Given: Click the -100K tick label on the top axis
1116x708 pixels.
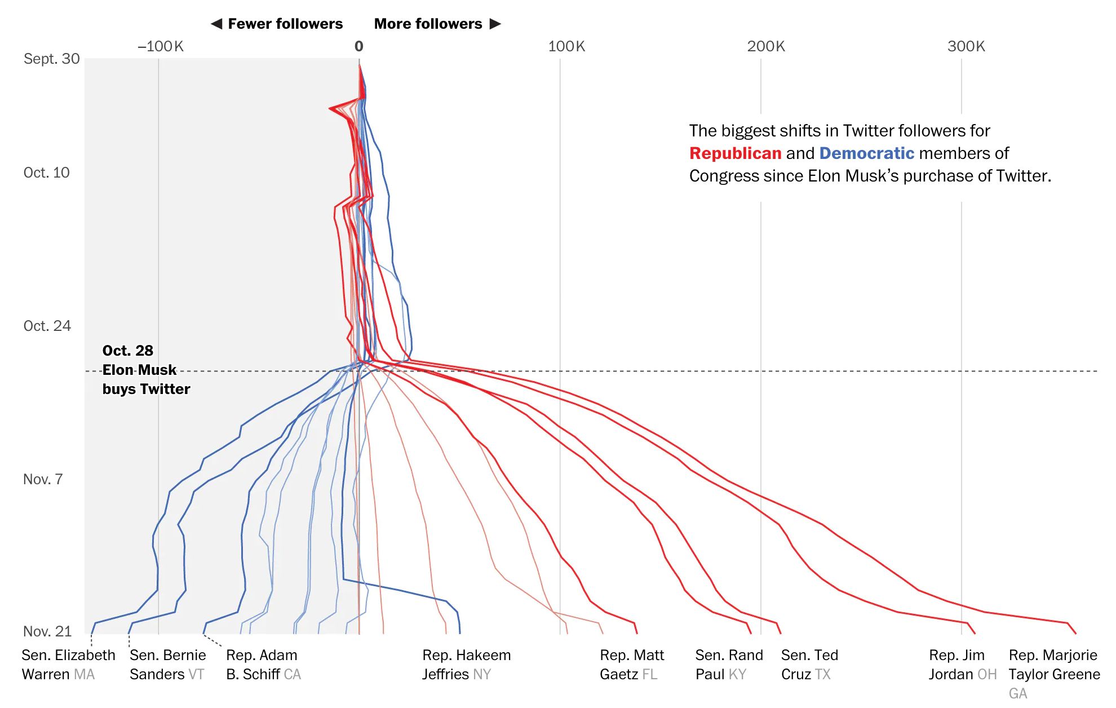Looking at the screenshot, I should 161,46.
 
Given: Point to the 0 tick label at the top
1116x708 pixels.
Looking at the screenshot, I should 359,46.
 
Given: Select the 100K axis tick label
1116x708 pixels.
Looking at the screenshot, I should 566,46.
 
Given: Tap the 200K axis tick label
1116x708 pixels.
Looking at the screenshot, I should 766,46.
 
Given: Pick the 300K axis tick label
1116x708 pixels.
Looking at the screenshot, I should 966,46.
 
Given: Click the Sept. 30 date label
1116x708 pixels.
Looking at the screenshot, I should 52,59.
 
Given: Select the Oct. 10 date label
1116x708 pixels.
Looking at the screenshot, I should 47,172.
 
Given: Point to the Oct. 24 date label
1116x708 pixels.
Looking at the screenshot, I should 47,326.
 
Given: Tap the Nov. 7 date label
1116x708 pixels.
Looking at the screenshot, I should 43,479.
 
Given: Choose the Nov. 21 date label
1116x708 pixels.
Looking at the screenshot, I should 47,631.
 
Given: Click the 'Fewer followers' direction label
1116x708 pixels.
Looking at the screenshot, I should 285,24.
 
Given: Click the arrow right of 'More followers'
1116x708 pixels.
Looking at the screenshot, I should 495,24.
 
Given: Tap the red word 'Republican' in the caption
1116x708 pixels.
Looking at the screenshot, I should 735,153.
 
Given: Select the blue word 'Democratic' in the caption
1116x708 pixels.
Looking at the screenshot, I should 866,153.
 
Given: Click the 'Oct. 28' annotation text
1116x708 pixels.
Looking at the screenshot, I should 128,351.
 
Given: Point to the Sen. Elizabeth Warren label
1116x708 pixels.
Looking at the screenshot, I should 68,665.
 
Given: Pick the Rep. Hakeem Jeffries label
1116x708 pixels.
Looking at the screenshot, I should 466,665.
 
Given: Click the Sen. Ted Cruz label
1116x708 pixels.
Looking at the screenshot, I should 809,665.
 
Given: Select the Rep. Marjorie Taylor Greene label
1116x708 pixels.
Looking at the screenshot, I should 1054,665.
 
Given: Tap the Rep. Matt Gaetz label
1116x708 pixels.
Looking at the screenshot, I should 632,665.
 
